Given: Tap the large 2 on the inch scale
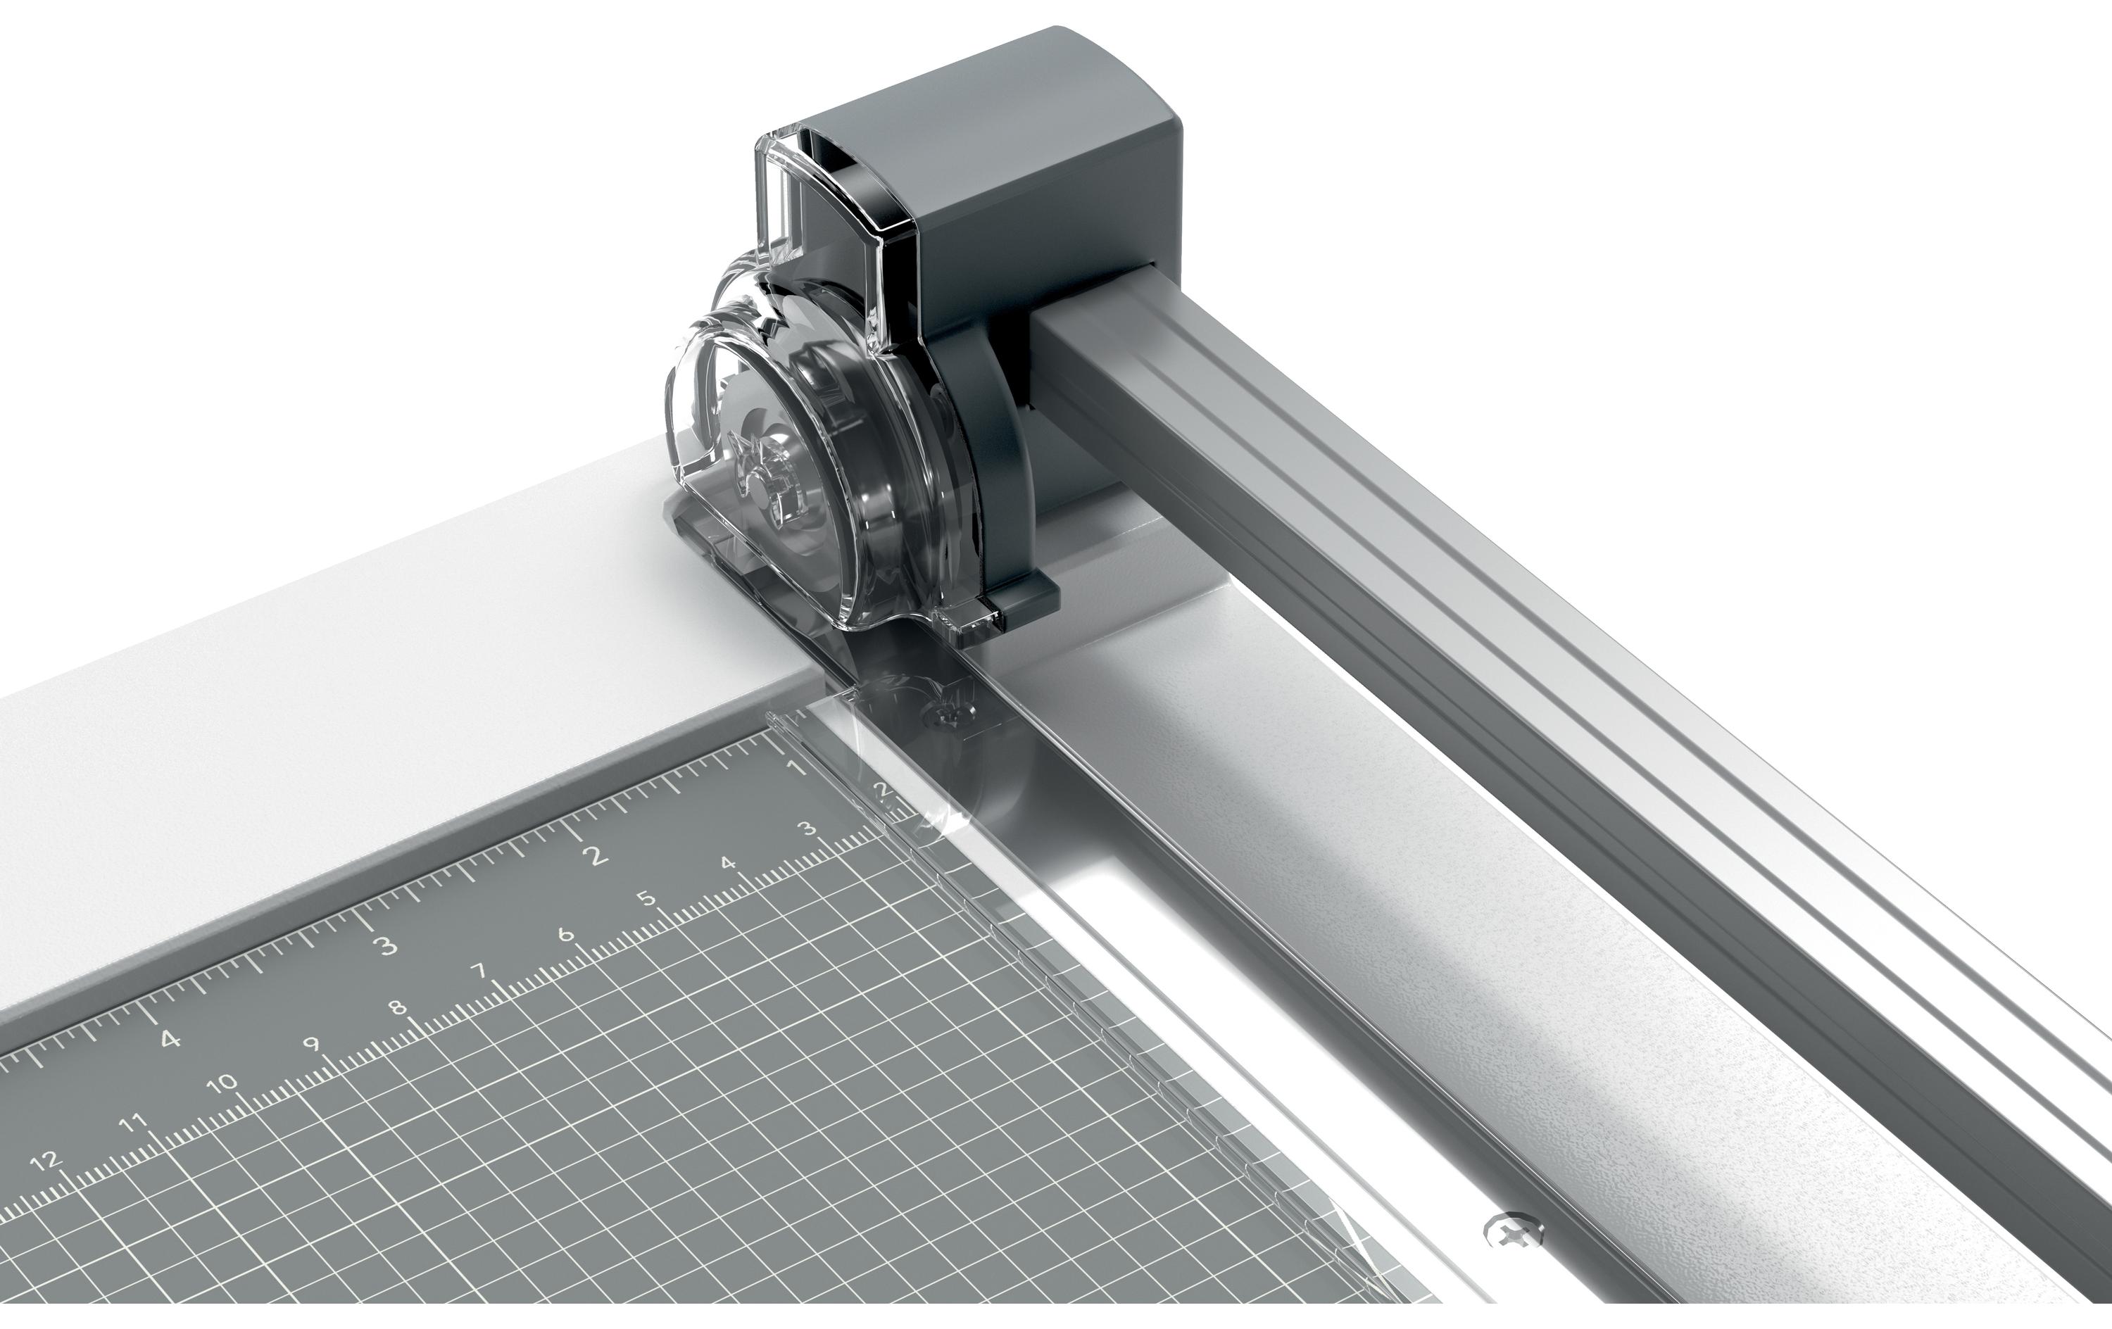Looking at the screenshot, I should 597,855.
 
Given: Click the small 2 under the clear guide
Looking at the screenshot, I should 884,791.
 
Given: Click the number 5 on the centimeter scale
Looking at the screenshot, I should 646,898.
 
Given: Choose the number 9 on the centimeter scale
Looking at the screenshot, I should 311,1044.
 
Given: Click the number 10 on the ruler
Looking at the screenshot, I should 225,1082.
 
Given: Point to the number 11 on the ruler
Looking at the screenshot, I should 133,1122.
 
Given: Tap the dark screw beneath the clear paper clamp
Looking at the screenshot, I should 945,715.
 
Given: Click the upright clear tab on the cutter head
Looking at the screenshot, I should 777,193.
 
